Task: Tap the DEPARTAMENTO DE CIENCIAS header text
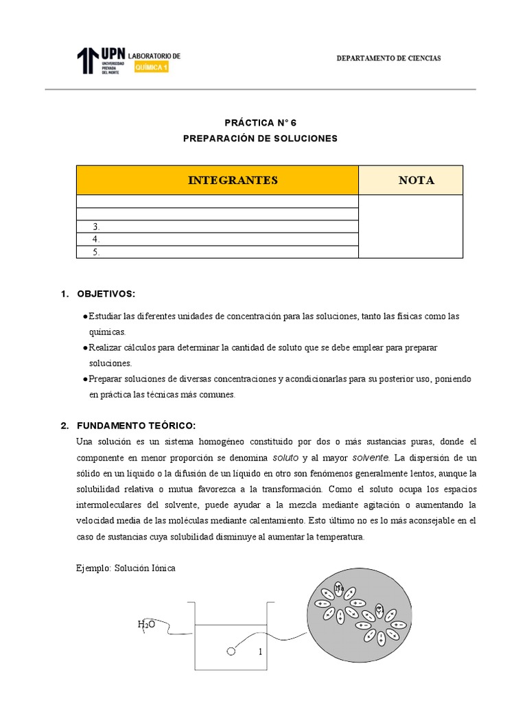(388, 58)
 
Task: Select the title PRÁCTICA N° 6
(261, 123)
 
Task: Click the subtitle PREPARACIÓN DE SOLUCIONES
(261, 138)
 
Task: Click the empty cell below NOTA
(410, 227)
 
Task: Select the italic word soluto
(285, 457)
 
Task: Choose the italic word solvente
(351, 457)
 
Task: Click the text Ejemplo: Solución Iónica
(126, 569)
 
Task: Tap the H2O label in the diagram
(145, 624)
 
